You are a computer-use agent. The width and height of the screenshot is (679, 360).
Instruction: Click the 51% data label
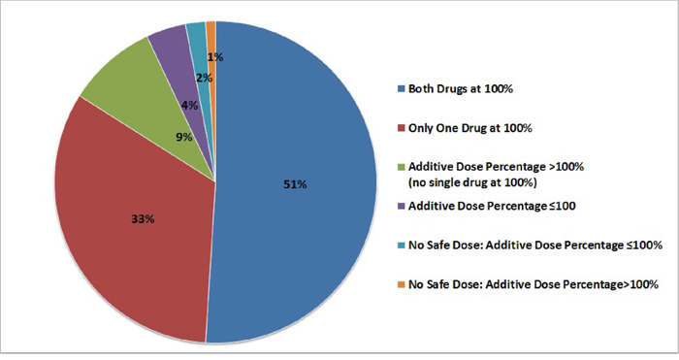295,184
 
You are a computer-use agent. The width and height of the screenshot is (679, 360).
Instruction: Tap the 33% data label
143,219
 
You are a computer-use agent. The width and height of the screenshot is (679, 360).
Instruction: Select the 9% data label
184,138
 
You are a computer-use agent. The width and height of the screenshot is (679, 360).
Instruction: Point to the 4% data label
190,105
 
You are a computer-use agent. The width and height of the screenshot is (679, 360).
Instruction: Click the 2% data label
204,78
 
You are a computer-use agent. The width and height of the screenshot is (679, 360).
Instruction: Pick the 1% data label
215,56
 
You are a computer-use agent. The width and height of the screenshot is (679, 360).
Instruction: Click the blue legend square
402,89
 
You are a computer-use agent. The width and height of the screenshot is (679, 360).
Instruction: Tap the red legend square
402,128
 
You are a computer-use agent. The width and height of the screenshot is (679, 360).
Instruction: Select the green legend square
402,167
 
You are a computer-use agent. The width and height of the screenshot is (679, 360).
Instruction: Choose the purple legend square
402,207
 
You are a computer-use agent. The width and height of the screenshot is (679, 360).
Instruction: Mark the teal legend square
402,245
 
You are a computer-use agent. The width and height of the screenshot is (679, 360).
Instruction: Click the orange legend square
402,284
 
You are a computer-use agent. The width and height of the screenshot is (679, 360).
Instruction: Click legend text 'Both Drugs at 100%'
461,89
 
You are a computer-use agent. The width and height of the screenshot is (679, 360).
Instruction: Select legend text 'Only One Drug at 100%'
470,128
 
